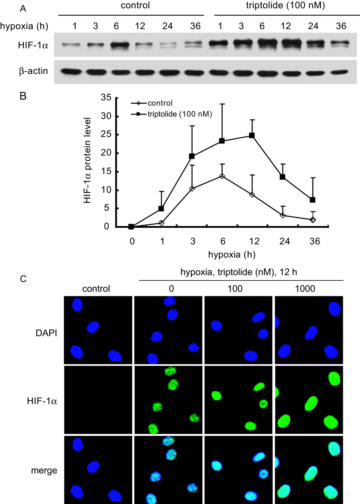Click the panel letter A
coord(23,9)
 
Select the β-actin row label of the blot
coord(33,71)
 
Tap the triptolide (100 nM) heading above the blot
coord(285,5)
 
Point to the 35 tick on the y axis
coord(106,97)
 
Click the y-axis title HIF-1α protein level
coord(87,160)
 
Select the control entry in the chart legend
coord(160,103)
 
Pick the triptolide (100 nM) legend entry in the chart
coord(179,114)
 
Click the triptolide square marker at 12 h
coord(252,136)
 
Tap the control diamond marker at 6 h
coord(222,176)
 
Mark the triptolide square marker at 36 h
coord(313,200)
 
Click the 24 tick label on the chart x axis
coord(284,241)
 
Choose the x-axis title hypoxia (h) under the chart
coord(232,255)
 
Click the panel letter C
coord(23,279)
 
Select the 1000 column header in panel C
coord(305,289)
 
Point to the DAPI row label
coord(46,333)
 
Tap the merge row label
coord(44,470)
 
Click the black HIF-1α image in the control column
coord(98,399)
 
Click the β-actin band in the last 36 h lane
coord(340,72)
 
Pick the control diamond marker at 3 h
coord(192,189)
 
